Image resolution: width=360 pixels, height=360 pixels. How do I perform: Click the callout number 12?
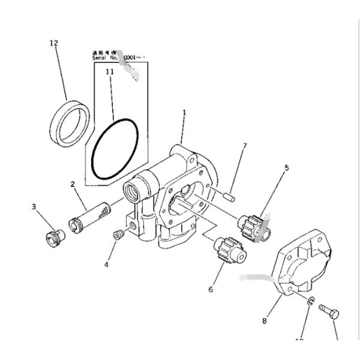tap(54, 43)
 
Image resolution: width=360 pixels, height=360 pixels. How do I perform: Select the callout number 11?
tap(109, 72)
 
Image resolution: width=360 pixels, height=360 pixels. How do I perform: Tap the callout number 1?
tap(184, 112)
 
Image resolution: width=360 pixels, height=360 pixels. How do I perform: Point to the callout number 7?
tap(244, 146)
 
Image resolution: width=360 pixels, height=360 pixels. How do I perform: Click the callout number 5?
tap(286, 168)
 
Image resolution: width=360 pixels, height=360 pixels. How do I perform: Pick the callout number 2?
tap(72, 184)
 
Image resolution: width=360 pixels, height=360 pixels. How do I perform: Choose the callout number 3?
tap(34, 207)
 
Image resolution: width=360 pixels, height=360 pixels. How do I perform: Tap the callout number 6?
tap(211, 290)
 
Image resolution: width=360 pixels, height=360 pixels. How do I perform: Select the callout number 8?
tap(264, 321)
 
